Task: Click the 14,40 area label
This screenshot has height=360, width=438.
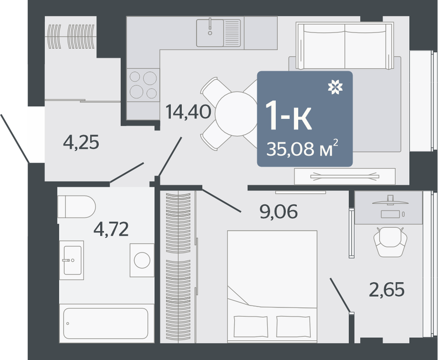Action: click(x=188, y=112)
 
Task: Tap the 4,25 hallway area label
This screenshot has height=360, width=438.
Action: click(x=81, y=142)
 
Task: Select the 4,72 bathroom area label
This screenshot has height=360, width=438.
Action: click(x=111, y=229)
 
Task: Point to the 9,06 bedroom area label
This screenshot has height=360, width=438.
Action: click(x=279, y=211)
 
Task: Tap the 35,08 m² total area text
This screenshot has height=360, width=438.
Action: click(x=302, y=149)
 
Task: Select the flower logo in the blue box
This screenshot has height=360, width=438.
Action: click(x=335, y=87)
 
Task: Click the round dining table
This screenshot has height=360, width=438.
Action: click(x=237, y=114)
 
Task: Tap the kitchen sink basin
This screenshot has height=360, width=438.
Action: click(x=210, y=33)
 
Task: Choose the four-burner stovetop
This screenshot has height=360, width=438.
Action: click(x=143, y=85)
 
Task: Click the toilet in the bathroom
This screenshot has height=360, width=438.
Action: click(x=76, y=207)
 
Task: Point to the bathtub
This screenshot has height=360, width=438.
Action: click(x=105, y=323)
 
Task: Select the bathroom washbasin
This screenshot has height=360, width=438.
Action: click(x=72, y=260)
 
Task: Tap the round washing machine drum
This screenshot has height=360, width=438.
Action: click(x=142, y=260)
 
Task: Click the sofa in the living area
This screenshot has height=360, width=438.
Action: click(x=345, y=46)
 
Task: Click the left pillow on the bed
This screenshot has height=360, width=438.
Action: click(x=250, y=327)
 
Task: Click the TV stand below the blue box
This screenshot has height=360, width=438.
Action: click(x=345, y=176)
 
